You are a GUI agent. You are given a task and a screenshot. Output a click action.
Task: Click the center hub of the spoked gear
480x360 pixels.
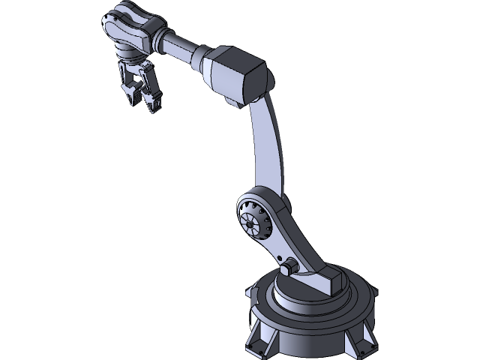pos(248,223)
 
